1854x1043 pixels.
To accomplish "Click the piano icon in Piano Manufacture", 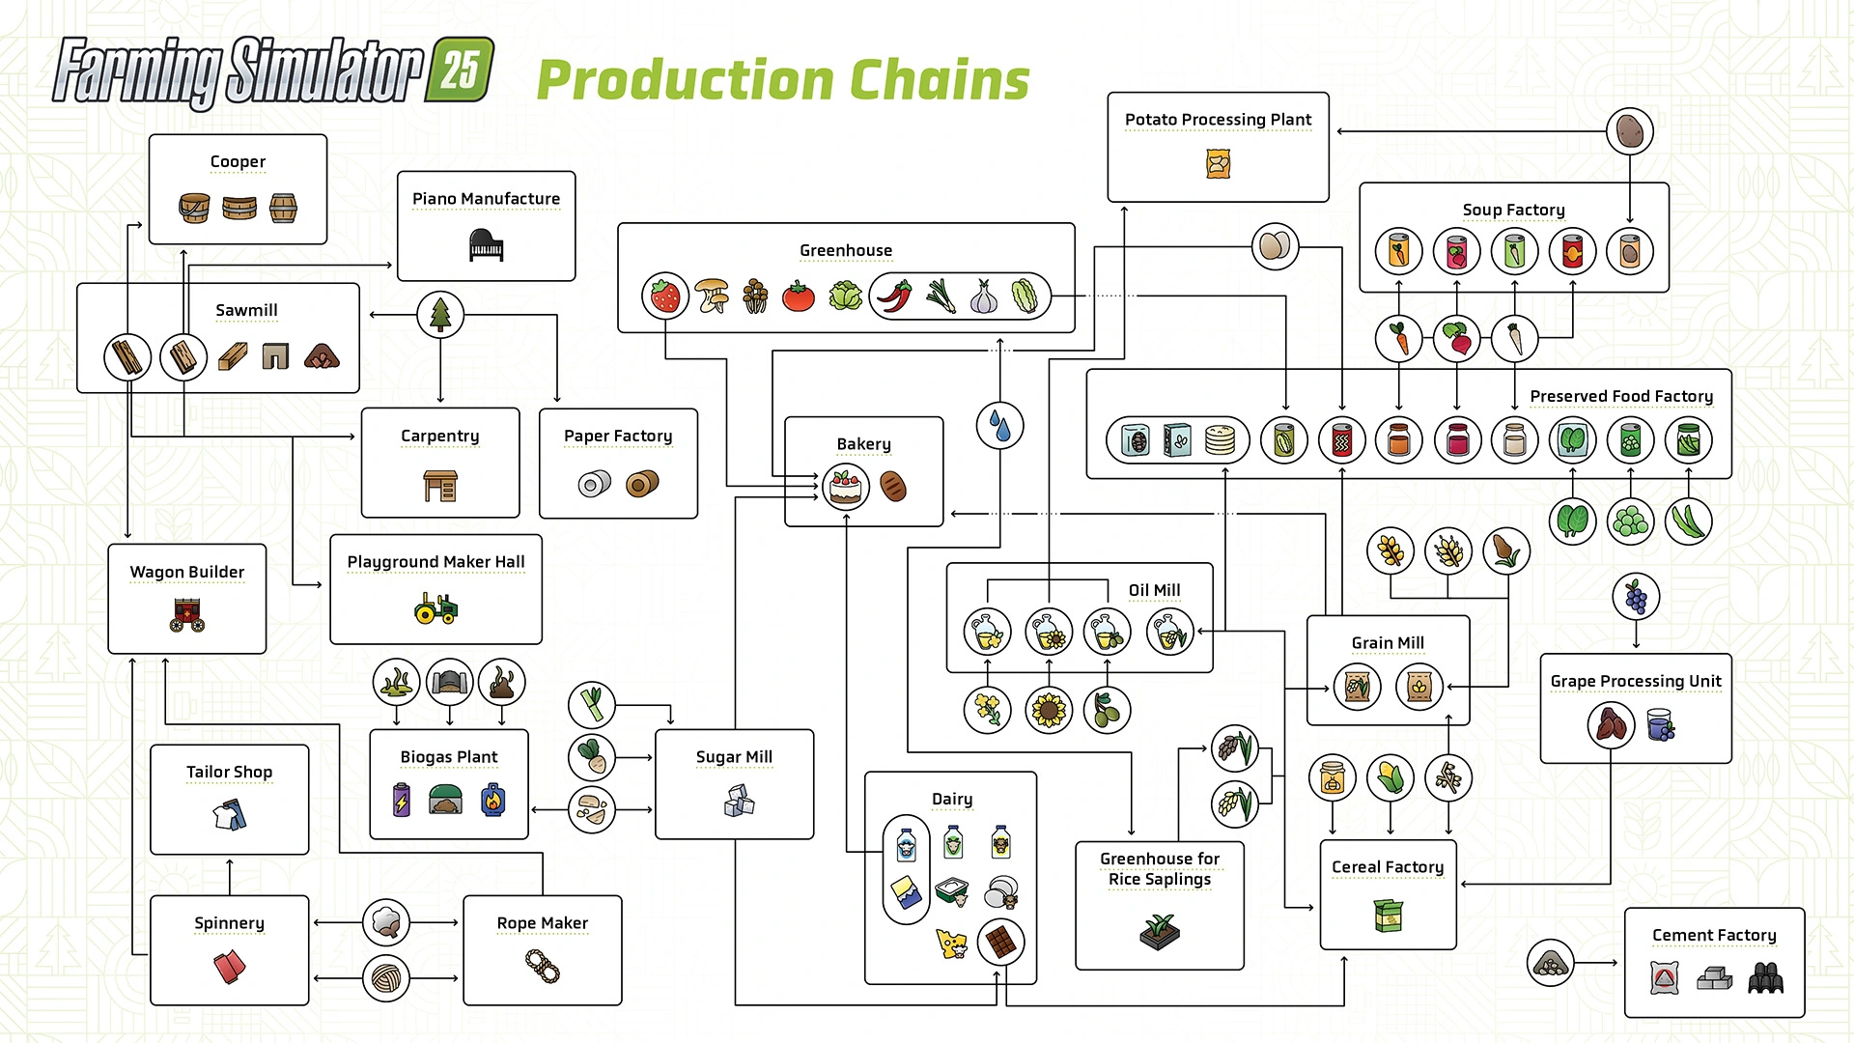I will [x=486, y=245].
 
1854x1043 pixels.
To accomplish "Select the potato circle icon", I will [x=1629, y=130].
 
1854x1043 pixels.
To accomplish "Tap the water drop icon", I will [x=999, y=426].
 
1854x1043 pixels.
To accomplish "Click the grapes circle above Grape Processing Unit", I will [x=1636, y=596].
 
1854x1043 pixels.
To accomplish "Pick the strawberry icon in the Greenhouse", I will [x=665, y=296].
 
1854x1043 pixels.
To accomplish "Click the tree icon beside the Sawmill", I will [x=440, y=314].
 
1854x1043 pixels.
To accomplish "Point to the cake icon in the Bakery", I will [x=846, y=486].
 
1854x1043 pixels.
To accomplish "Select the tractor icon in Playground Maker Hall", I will [x=435, y=608].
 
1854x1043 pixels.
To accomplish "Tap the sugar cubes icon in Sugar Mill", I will [x=739, y=801].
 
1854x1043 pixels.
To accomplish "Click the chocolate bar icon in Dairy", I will [x=1000, y=942].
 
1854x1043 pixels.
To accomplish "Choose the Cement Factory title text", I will [x=1713, y=935].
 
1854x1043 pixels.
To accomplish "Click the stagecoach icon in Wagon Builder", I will [x=187, y=614].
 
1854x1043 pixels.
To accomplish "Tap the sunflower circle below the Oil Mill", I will [x=1049, y=711].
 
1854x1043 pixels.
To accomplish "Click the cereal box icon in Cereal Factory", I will [x=1388, y=914].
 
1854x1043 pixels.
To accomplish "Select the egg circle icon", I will [x=1275, y=246].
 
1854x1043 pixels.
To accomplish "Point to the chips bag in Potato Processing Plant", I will [x=1218, y=164].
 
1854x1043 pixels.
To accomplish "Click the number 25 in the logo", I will [x=461, y=70].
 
